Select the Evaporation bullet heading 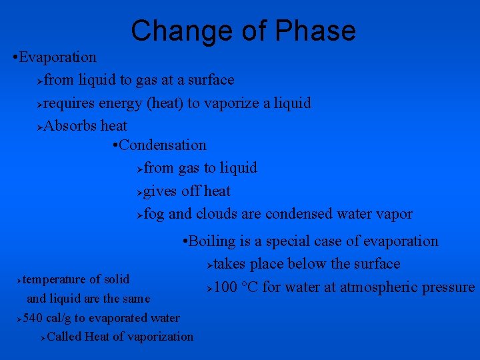[58, 57]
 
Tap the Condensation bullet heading [163, 145]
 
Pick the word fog [154, 214]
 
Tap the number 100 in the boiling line [226, 287]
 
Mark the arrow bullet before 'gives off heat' [139, 192]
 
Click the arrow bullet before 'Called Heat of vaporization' [43, 337]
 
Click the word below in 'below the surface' [307, 264]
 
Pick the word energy [119, 103]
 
